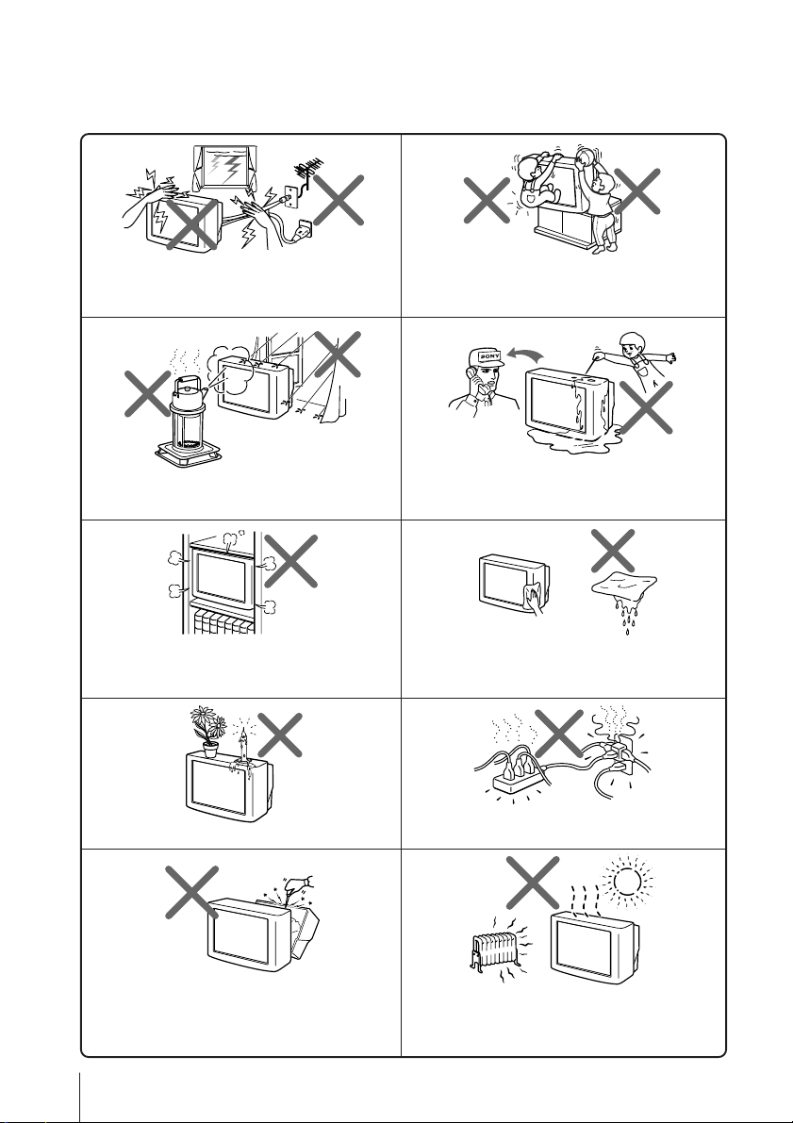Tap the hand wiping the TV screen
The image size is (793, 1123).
pos(533,600)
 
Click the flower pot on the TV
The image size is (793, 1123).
pos(210,749)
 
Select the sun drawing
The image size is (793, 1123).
pos(627,881)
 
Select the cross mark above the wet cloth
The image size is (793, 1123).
pos(614,551)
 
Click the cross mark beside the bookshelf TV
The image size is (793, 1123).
pos(290,561)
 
